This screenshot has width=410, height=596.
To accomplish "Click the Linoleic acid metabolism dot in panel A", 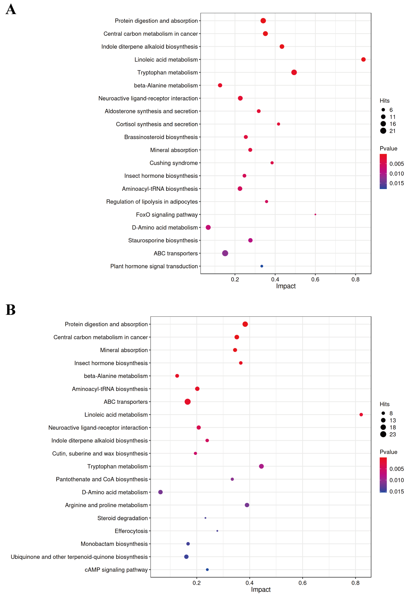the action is tap(363, 59).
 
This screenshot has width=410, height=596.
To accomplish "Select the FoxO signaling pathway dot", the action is tap(315, 214).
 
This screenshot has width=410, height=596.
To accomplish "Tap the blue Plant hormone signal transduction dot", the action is tap(262, 266).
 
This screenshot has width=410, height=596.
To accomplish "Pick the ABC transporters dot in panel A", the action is tap(225, 253).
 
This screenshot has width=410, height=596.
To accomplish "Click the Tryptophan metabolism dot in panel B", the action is tap(261, 466).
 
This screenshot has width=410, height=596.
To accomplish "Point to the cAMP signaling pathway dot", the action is tap(207, 570).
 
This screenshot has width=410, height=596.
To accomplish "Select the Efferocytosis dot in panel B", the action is tap(217, 531).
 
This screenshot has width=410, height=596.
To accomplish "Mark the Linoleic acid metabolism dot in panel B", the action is tap(361, 415).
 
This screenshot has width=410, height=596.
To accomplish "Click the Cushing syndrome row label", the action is tap(174, 163).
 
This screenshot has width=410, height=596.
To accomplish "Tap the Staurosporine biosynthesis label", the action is tap(163, 240).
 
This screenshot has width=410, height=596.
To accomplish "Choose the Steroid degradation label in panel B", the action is tap(123, 518).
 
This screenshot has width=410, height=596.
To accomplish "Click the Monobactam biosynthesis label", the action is tap(114, 544).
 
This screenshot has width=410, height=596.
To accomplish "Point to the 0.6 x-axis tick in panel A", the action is tap(315, 279).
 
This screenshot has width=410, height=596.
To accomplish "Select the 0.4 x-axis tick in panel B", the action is tap(249, 583).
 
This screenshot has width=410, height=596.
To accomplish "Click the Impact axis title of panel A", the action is tap(286, 286).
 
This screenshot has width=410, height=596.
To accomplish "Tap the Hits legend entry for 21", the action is tap(387, 131).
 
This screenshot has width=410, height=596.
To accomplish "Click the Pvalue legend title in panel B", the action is tap(389, 452).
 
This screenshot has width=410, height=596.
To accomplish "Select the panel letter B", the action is tap(11, 310).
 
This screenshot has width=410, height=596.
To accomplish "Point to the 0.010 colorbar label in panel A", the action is tap(397, 174).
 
